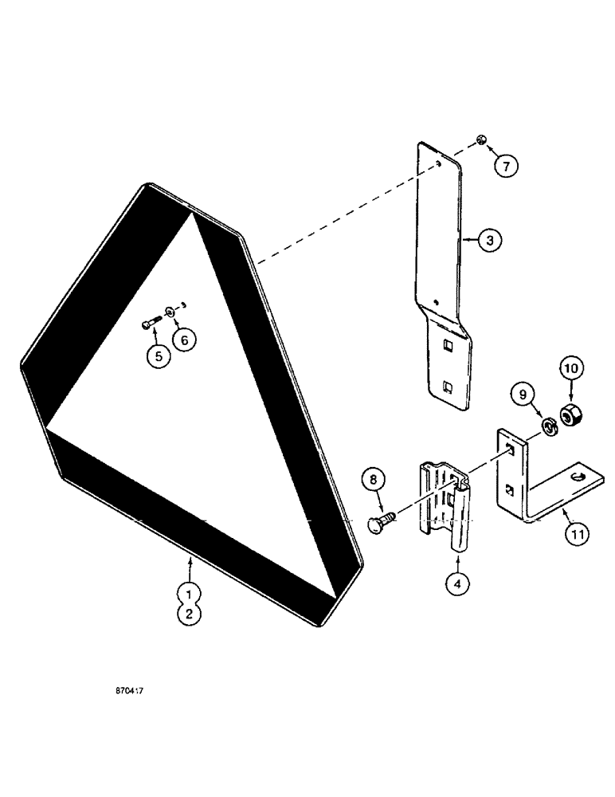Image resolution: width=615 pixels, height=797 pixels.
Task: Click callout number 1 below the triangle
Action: click(x=189, y=593)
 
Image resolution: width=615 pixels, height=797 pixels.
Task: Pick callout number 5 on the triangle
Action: click(x=158, y=356)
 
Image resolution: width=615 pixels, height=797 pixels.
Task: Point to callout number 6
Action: click(x=184, y=339)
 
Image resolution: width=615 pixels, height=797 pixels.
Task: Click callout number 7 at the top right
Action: click(x=505, y=166)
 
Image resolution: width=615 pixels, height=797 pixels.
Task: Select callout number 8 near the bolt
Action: click(x=378, y=481)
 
